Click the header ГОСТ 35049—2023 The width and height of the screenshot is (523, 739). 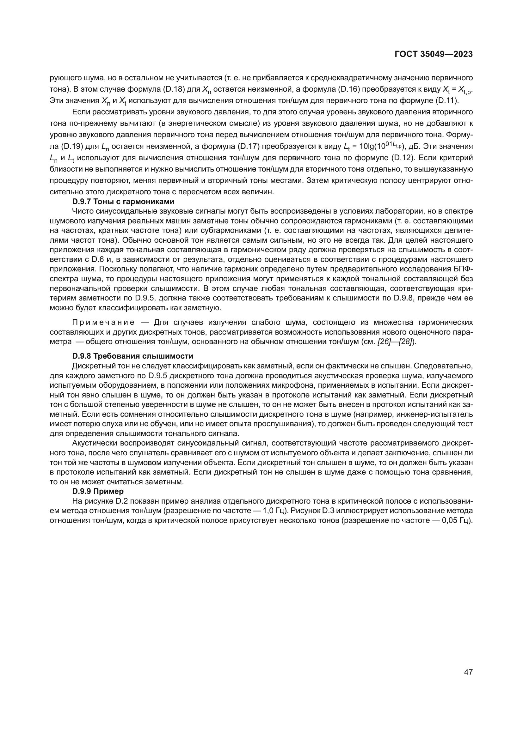pyautogui.click(x=434, y=54)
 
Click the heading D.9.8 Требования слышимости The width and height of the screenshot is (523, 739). pyautogui.click(x=133, y=356)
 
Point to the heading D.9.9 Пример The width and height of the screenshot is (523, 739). pyautogui.click(x=98, y=492)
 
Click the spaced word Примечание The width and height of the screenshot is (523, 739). pyautogui.click(x=103, y=323)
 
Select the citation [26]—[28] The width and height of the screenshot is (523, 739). pyautogui.click(x=396, y=342)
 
